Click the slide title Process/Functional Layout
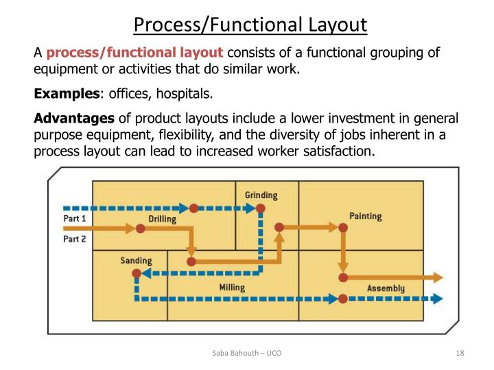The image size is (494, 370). pyautogui.click(x=250, y=25)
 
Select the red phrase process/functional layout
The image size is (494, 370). pyautogui.click(x=134, y=52)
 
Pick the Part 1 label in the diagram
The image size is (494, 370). pyautogui.click(x=74, y=218)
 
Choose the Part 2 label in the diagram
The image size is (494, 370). pyautogui.click(x=74, y=239)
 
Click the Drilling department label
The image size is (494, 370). pyautogui.click(x=162, y=219)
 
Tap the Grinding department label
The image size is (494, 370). pyautogui.click(x=261, y=195)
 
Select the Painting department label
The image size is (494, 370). pyautogui.click(x=365, y=216)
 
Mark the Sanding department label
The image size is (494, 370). pyautogui.click(x=136, y=260)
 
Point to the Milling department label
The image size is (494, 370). pyautogui.click(x=232, y=287)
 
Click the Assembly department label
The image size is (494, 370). pyautogui.click(x=386, y=288)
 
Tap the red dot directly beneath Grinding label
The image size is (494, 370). pyautogui.click(x=261, y=208)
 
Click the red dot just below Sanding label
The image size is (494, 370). pyautogui.click(x=137, y=273)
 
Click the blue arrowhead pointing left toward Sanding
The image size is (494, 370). pyautogui.click(x=147, y=273)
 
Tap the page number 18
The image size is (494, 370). pyautogui.click(x=460, y=353)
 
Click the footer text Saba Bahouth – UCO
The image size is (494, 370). pyautogui.click(x=246, y=353)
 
